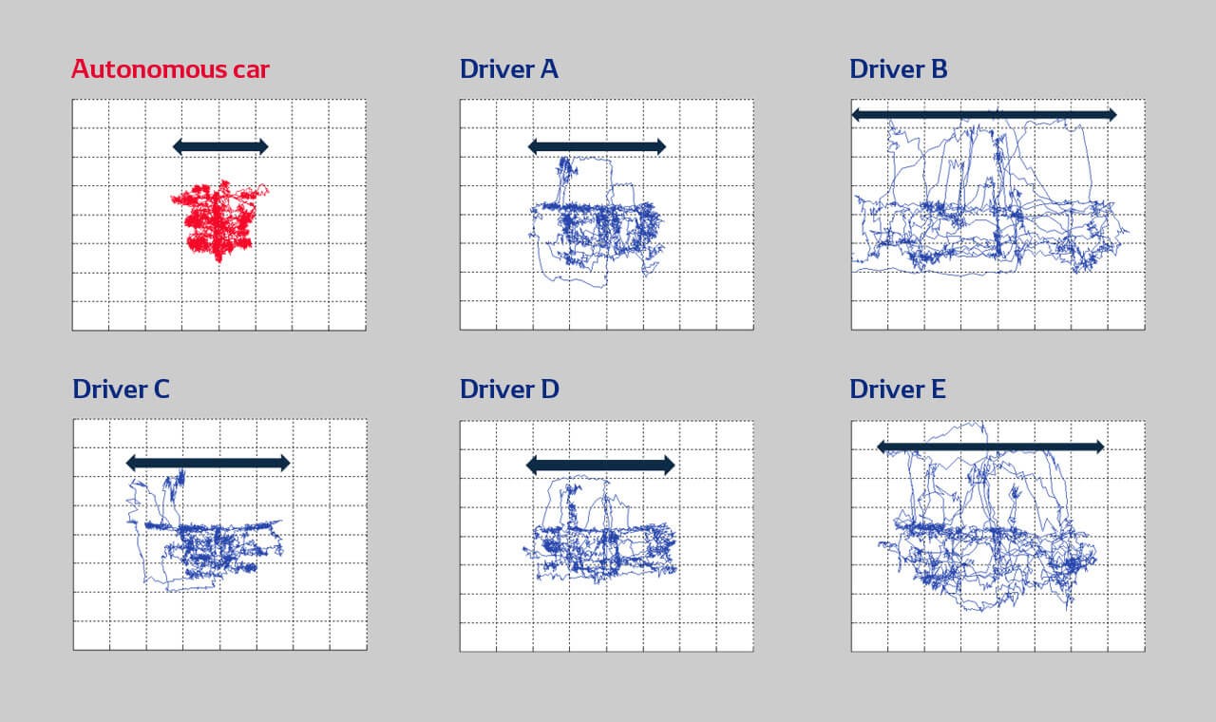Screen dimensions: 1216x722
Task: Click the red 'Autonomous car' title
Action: pos(170,69)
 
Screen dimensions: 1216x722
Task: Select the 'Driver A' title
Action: pos(508,69)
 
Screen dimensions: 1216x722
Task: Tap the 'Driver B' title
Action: pos(899,69)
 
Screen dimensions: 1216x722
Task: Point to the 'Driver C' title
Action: pos(121,389)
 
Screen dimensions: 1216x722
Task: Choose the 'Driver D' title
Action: pos(509,389)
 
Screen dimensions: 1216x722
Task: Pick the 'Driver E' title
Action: pos(898,389)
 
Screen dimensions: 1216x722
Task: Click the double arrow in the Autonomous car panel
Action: pos(220,146)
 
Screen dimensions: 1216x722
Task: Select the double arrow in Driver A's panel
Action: pos(598,146)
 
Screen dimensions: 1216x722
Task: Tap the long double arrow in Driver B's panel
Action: pos(984,115)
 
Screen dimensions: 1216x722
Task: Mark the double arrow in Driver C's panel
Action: pos(208,463)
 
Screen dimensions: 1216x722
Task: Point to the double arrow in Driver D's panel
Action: pos(600,465)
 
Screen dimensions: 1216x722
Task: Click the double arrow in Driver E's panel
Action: pos(991,446)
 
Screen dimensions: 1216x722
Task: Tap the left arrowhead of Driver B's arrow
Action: pos(856,115)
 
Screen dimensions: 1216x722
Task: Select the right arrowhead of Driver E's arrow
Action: pos(1100,446)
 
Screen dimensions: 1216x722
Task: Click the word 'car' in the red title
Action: pos(252,71)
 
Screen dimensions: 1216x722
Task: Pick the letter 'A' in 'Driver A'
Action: pos(549,69)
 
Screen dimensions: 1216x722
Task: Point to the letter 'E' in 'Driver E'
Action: pos(938,389)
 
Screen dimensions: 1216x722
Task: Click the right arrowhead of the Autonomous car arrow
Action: pos(264,146)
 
